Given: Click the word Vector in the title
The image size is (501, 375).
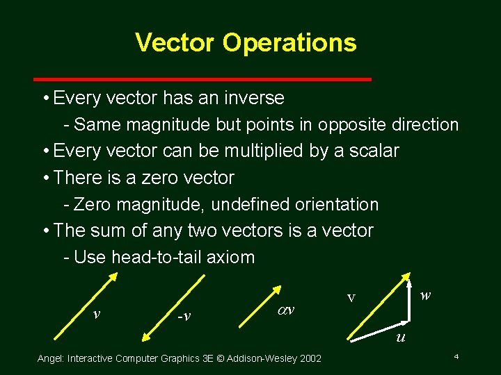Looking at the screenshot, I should [x=175, y=42].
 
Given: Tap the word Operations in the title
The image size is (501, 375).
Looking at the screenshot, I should [x=289, y=42].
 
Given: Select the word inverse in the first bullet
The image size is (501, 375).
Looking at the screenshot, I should [x=253, y=98].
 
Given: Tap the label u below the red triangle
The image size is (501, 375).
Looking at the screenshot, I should [x=400, y=337].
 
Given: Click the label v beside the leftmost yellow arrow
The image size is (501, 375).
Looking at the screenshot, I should [x=97, y=313].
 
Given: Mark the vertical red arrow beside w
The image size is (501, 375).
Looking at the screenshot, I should [x=408, y=299].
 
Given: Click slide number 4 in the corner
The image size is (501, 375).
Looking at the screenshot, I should [x=455, y=356].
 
